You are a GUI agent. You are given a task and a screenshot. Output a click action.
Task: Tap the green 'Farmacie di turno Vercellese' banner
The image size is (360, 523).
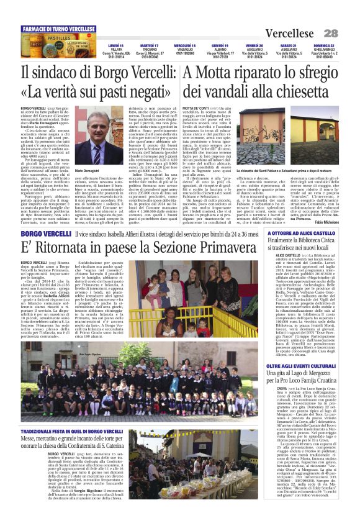[58, 29]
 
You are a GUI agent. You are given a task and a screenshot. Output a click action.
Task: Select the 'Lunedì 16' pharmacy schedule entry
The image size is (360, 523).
[116, 51]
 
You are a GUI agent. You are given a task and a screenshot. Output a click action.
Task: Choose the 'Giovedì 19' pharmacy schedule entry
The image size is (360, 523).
[219, 51]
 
